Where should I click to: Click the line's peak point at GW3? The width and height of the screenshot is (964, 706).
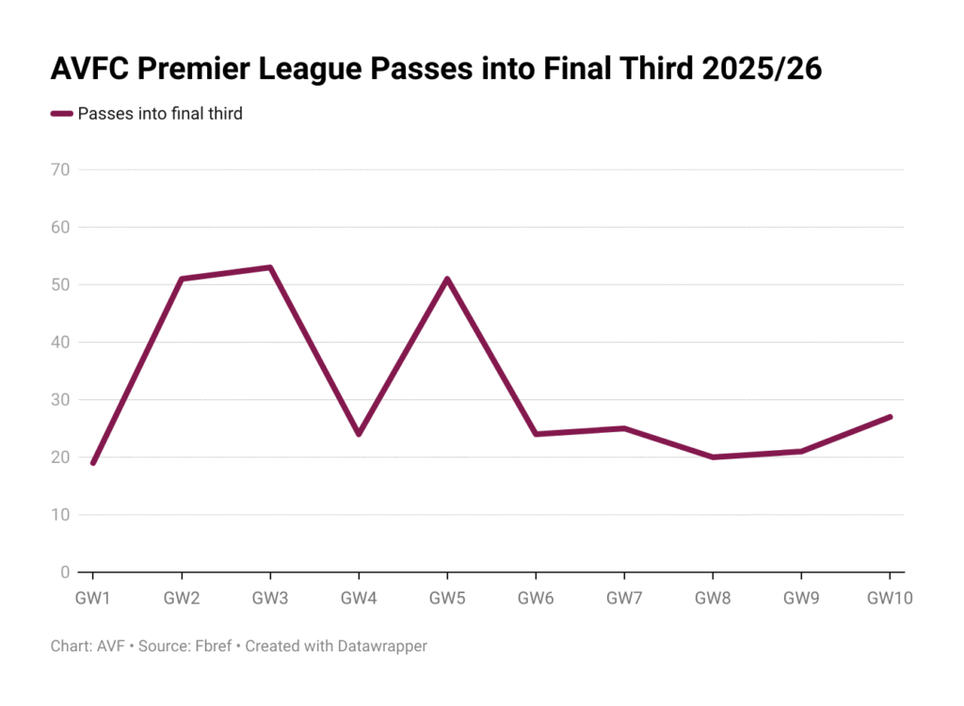pos(270,267)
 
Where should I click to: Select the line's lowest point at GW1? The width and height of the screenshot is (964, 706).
pos(92,462)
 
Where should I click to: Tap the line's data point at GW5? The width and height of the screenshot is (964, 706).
pos(447,279)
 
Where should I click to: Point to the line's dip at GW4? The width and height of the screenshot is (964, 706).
pos(359,434)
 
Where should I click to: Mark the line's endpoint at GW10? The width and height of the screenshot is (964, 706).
pos(890,417)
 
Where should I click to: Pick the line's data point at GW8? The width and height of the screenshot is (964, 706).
pos(713,457)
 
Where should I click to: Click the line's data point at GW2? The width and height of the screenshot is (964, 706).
pos(181,279)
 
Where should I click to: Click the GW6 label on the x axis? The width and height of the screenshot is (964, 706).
pos(536,598)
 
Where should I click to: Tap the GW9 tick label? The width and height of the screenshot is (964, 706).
pos(801,598)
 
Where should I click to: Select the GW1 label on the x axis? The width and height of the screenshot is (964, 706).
pos(92,598)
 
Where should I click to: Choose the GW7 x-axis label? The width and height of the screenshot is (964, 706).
pos(624,598)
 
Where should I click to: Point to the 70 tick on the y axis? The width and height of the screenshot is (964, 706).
pos(61,170)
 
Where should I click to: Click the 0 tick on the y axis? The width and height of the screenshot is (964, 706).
pos(66,572)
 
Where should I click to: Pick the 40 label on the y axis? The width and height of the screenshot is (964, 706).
pos(61,343)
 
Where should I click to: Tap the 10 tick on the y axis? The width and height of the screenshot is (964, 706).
pos(61,515)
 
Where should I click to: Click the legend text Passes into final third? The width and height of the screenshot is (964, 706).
pos(160,114)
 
